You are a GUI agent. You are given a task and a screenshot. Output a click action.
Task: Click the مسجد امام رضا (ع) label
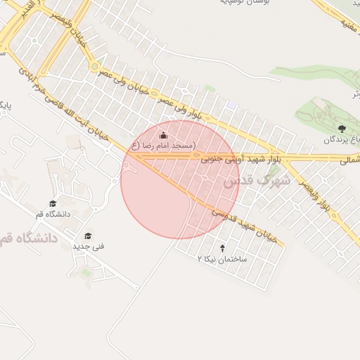point(162,146)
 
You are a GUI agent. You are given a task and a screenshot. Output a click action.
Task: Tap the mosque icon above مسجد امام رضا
point(163,136)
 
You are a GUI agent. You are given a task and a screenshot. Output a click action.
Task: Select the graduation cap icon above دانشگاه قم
point(53,203)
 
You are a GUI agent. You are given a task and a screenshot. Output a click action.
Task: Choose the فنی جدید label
point(88,247)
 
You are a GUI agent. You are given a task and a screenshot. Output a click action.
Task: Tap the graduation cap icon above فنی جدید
point(88,236)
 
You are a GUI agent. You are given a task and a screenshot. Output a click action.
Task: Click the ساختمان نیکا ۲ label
point(222,259)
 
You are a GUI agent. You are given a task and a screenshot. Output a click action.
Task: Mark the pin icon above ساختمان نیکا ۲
point(223,248)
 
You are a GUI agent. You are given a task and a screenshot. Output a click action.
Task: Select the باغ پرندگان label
point(340,139)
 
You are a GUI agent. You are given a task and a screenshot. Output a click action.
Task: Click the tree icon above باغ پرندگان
point(342,128)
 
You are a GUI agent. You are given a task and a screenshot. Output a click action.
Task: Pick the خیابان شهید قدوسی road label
point(247,224)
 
